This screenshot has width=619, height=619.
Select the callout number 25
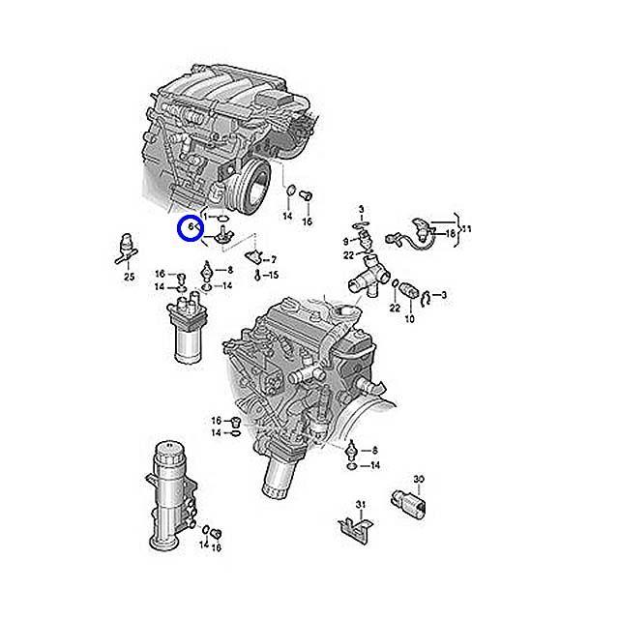[x=129, y=277]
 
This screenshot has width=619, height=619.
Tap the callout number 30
[x=419, y=480]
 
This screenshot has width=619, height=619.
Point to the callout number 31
[x=361, y=505]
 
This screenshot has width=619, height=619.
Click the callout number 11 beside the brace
[x=466, y=229]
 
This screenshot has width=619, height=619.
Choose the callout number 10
[x=410, y=318]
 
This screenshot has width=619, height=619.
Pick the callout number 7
[x=274, y=260]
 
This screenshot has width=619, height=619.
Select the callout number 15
[x=274, y=275]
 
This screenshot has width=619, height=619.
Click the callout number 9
[x=346, y=241]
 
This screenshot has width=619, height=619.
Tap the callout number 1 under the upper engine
[x=205, y=217]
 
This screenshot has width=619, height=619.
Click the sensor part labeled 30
[x=408, y=502]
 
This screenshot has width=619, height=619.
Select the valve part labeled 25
[x=127, y=248]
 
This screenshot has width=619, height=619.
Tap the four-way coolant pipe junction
[x=368, y=277]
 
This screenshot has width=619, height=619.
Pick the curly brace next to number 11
[x=457, y=230]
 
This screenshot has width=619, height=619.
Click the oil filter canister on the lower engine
[x=279, y=474]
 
